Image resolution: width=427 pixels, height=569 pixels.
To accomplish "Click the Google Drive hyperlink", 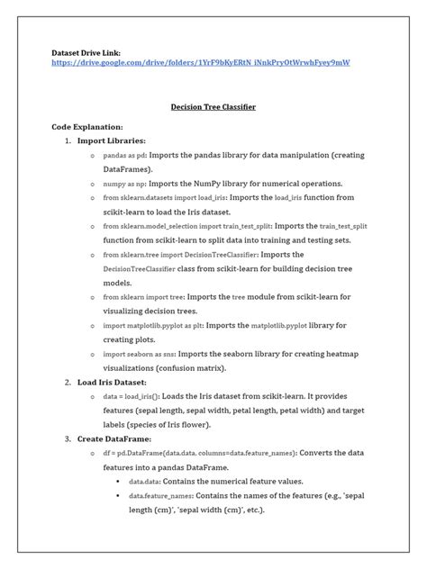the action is click(200, 63).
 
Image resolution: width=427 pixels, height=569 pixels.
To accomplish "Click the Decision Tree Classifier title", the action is click(213, 107).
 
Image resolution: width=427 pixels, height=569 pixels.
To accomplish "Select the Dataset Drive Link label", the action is click(86, 53).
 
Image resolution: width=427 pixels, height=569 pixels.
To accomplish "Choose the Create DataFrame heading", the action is click(118, 438).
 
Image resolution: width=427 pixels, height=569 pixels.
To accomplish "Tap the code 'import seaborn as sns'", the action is click(138, 355).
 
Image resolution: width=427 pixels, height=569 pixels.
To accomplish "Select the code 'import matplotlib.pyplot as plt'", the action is click(152, 325).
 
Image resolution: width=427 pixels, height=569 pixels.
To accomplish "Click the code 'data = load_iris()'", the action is click(132, 396).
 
